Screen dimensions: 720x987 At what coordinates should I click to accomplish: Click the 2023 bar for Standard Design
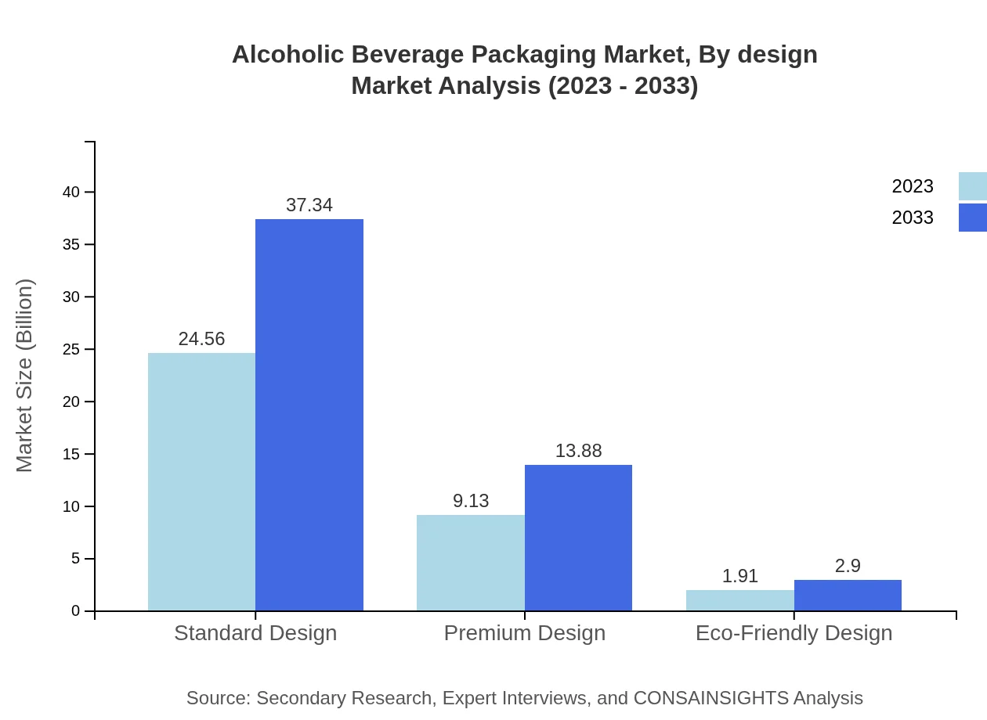pyautogui.click(x=201, y=481)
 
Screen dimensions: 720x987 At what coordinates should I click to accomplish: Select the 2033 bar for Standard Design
pyautogui.click(x=309, y=415)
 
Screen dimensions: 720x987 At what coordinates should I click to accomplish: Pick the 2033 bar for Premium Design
pyautogui.click(x=578, y=538)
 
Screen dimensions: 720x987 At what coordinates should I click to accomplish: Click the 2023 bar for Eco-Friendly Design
pyautogui.click(x=740, y=600)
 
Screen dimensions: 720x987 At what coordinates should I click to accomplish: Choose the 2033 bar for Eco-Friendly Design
pyautogui.click(x=848, y=595)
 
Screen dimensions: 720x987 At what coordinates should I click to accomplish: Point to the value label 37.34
pyautogui.click(x=309, y=205)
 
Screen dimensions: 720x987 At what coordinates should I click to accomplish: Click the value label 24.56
pyautogui.click(x=201, y=339)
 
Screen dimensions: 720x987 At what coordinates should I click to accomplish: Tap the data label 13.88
pyautogui.click(x=578, y=451)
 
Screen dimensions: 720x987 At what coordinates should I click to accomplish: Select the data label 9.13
pyautogui.click(x=471, y=501)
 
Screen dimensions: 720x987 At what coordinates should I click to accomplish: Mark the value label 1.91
pyautogui.click(x=740, y=576)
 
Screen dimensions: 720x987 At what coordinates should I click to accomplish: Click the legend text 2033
pyautogui.click(x=913, y=218)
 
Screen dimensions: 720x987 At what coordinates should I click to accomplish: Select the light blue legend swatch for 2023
pyautogui.click(x=972, y=186)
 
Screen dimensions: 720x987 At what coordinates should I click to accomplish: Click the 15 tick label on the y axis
pyautogui.click(x=71, y=454)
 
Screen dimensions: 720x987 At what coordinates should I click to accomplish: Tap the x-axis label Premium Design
pyautogui.click(x=525, y=633)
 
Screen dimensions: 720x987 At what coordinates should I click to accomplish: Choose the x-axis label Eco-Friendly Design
pyautogui.click(x=794, y=633)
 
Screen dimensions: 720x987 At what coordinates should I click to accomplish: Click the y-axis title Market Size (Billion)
pyautogui.click(x=25, y=376)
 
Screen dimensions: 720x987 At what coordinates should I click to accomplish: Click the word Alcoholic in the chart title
pyautogui.click(x=287, y=55)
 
